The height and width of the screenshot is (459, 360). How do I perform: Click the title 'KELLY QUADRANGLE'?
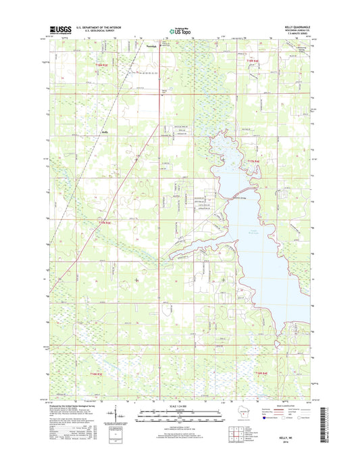coord(294,26)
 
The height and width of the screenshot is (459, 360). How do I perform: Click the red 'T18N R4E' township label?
coord(252,62)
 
